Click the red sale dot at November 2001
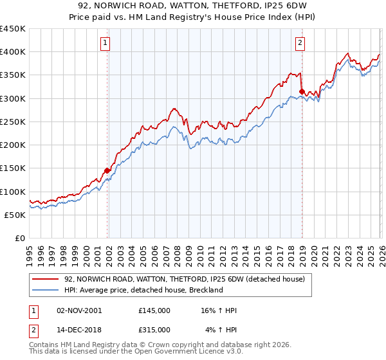[x=107, y=171]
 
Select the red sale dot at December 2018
[x=302, y=92]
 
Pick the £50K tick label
[x=15, y=215]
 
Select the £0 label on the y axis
[x=21, y=238]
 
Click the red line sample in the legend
[x=46, y=278]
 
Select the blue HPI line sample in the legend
[x=46, y=290]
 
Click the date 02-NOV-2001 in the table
[x=79, y=310]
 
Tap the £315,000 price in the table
[x=154, y=330]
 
